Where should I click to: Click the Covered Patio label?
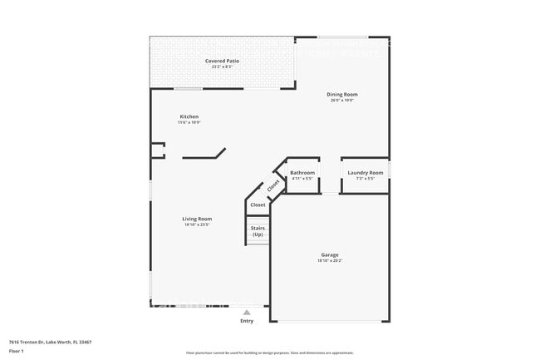(222, 61)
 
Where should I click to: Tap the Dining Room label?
(341, 94)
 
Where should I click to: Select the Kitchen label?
(189, 116)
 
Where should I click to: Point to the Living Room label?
(197, 219)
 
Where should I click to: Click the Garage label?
(330, 254)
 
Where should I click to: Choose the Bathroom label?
(302, 173)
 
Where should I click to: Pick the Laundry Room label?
(366, 173)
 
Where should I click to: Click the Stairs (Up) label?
(258, 230)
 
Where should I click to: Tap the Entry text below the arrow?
(247, 321)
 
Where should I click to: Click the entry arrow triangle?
(247, 313)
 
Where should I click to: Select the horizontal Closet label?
(258, 205)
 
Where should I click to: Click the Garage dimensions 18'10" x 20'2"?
(330, 261)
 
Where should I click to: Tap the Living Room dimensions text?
(197, 224)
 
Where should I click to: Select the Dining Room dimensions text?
(341, 101)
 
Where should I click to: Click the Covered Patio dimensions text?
(222, 67)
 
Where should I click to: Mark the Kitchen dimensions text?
(189, 122)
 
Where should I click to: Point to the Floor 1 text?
(17, 351)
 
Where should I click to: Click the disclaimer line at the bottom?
(270, 353)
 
